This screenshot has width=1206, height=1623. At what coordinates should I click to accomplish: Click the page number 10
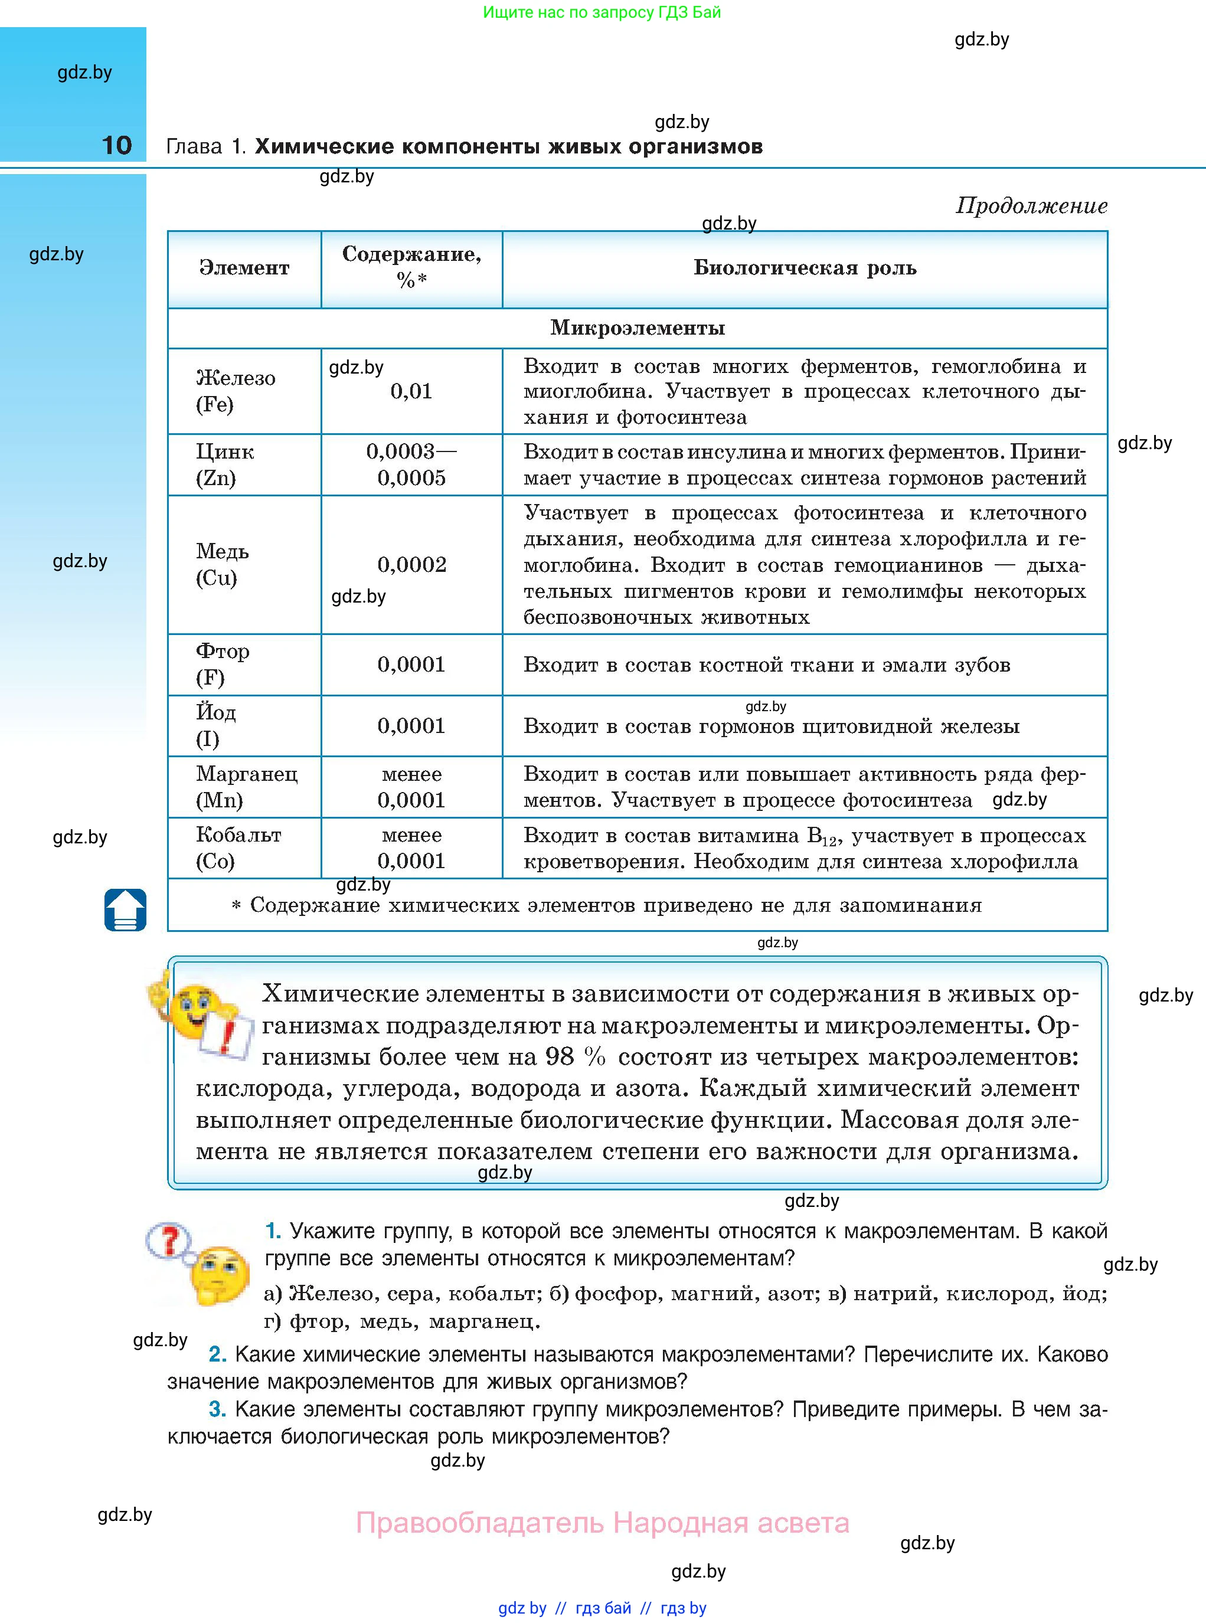[117, 145]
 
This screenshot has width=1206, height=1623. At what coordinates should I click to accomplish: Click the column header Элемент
[244, 268]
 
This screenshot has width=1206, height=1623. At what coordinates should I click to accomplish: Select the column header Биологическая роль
[805, 268]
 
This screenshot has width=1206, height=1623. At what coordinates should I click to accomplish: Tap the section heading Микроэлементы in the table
[638, 328]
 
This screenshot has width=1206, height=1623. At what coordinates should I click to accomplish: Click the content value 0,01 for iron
[411, 391]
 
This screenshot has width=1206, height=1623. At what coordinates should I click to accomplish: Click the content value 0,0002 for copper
[411, 564]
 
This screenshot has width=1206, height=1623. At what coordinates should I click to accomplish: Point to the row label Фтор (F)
[222, 664]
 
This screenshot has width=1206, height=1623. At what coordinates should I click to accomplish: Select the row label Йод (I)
[215, 725]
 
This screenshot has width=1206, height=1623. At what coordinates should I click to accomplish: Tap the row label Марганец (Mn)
[246, 787]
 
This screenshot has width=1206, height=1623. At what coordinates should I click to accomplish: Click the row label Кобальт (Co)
[238, 848]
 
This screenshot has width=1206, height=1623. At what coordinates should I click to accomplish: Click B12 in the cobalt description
[821, 836]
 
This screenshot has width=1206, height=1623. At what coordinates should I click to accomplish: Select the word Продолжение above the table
[1031, 206]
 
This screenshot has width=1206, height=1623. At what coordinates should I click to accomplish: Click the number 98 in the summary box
[560, 1056]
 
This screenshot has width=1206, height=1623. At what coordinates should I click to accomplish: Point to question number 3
[217, 1409]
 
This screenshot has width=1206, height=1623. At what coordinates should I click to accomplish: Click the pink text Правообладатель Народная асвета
[602, 1523]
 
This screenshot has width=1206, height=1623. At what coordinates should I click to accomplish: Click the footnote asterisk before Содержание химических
[236, 906]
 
